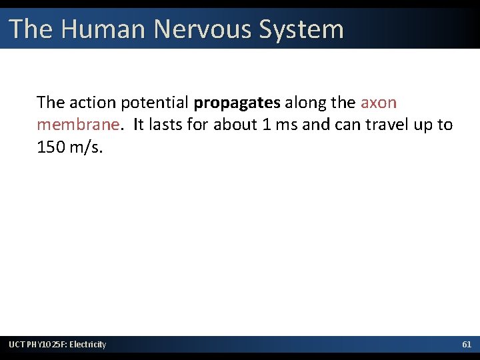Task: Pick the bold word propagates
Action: click(x=237, y=103)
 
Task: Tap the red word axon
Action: click(x=378, y=103)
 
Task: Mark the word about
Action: click(x=234, y=125)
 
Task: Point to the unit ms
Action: click(x=287, y=125)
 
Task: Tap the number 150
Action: click(x=50, y=147)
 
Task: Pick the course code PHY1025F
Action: click(x=47, y=345)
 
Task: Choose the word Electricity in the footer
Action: click(x=88, y=345)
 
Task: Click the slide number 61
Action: click(x=467, y=345)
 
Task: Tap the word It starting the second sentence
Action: click(x=138, y=125)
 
